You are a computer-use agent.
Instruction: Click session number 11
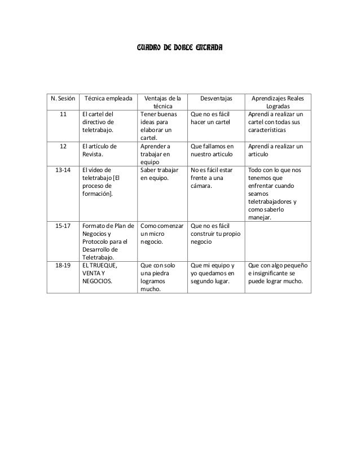point(63,113)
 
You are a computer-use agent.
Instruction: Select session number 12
point(63,146)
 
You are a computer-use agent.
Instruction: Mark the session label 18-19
point(63,263)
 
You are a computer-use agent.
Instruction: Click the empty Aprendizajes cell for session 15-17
point(280,240)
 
